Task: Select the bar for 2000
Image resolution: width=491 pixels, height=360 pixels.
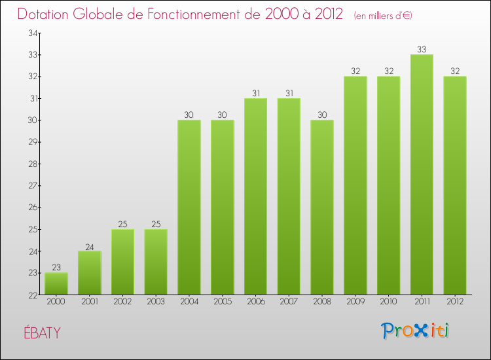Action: (x=56, y=283)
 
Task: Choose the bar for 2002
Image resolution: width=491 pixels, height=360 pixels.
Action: (x=122, y=262)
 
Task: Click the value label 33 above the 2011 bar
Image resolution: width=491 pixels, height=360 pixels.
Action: (x=421, y=49)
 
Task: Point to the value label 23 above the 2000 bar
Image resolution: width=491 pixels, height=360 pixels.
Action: (x=56, y=267)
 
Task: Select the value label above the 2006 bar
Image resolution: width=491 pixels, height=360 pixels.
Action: (x=255, y=93)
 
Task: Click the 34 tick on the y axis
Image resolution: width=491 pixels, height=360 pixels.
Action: (x=31, y=33)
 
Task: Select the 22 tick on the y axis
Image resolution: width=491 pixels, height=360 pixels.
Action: (x=31, y=295)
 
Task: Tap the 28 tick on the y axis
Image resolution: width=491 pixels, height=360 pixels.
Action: (x=31, y=164)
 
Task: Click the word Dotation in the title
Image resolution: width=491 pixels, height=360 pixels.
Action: (x=45, y=14)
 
